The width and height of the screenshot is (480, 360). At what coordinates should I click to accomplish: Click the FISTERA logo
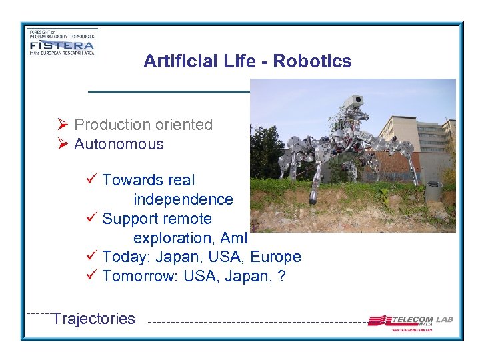point(61,42)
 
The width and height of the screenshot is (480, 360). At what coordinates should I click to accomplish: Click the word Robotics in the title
point(312,61)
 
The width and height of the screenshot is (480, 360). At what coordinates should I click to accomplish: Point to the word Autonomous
point(119,144)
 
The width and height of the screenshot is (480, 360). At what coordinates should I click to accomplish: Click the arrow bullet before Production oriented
point(63,125)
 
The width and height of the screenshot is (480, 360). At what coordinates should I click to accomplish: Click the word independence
point(183,199)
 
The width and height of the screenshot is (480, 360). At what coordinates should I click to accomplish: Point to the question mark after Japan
point(282,277)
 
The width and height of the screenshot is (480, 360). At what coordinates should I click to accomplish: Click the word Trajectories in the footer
point(94,319)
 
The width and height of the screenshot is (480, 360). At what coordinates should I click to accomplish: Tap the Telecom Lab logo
point(411,321)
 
